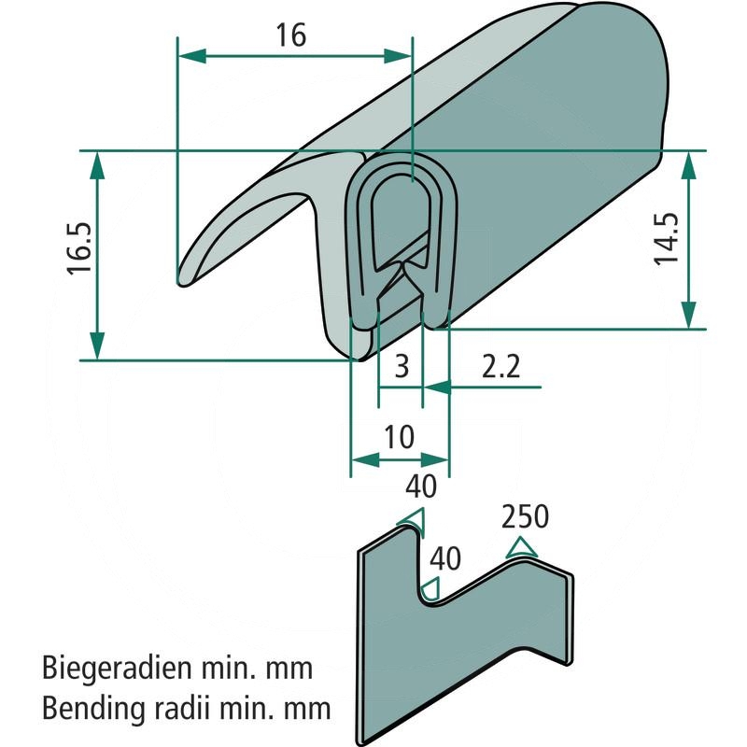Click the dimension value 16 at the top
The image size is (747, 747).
pos(291,35)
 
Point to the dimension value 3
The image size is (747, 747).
pos(402,365)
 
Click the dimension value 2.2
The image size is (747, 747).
pos(500,365)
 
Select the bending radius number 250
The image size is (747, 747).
pos(525,516)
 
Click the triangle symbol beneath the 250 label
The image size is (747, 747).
pos(522,547)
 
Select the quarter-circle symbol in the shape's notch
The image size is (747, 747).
pos(431,588)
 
